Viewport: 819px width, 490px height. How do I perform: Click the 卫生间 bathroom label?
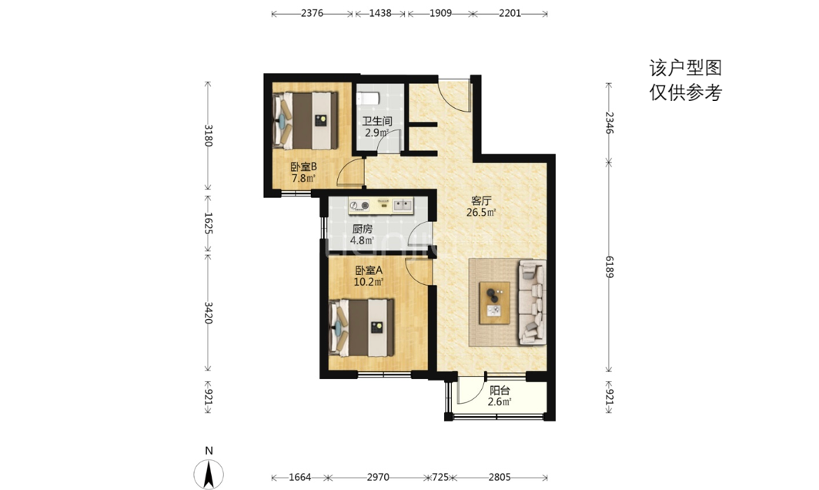376,121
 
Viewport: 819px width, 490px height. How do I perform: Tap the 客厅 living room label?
481,201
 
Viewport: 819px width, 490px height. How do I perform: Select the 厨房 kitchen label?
362,229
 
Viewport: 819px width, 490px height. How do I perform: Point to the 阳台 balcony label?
500,390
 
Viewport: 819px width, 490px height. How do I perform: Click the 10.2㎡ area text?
369,283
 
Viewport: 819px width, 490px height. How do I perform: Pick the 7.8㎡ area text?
303,178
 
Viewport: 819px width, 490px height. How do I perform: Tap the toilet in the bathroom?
366,99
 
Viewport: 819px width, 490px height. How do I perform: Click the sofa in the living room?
532,303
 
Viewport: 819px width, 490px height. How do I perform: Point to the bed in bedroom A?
362,328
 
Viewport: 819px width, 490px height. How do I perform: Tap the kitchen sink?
402,205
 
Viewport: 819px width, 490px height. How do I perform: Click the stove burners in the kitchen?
359,206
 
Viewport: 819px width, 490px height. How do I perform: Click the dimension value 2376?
312,13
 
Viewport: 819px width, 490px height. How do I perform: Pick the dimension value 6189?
609,267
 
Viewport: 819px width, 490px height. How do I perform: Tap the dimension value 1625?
208,223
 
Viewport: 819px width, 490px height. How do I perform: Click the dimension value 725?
440,477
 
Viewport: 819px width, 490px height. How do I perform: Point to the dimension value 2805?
500,477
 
